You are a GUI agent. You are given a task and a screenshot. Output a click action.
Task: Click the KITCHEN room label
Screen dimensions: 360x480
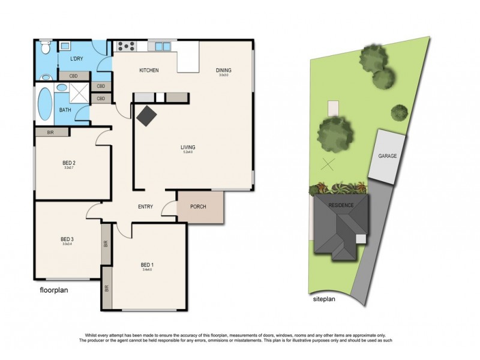coord(149,71)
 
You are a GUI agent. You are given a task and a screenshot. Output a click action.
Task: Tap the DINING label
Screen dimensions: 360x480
coord(224,70)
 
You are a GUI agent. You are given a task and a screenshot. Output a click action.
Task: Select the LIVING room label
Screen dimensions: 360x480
coord(190,147)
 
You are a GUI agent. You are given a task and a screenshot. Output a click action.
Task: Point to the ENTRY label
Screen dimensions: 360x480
coord(145,207)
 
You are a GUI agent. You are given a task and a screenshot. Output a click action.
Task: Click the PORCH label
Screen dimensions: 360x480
coord(198,207)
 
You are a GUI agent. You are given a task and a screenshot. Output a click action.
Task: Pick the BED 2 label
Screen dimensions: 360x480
coord(68,163)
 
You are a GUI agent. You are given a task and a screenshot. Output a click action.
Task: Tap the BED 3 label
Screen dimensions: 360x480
coord(68,239)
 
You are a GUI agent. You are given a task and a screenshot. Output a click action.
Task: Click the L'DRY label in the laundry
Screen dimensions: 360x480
coord(76,59)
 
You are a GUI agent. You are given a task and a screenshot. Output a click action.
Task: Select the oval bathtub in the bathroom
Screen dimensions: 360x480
coord(46,105)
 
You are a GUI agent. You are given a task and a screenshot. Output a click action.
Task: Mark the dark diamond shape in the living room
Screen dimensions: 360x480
coord(146,115)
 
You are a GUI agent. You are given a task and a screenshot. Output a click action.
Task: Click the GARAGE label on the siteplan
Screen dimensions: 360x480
coord(388,156)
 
